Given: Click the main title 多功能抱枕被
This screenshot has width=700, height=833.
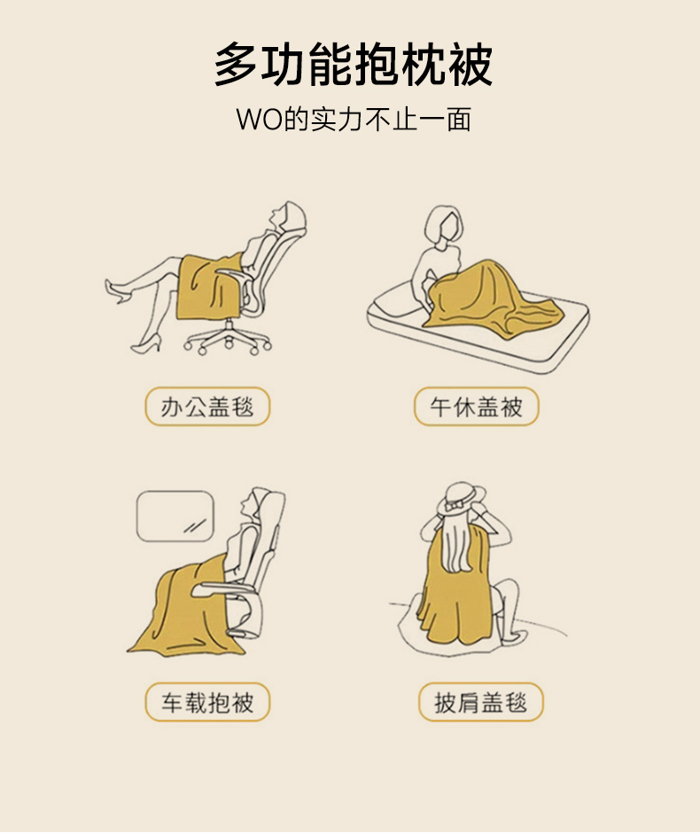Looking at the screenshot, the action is pos(354,65).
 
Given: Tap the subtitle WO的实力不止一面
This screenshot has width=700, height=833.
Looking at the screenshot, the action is pos(354,119).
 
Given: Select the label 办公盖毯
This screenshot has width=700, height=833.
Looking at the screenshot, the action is pos(207,407).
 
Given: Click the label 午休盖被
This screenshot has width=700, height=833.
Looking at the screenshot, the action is pos(477,407).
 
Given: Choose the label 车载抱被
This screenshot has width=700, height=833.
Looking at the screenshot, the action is pos(207,703).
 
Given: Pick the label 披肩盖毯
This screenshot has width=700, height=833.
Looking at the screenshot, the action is pos(480,703).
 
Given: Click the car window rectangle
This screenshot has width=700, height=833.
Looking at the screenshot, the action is pos(175,516).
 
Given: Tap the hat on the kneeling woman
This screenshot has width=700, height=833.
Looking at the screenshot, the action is pos(460,498).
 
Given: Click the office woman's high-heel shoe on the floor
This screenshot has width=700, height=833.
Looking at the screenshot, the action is pos(145,346).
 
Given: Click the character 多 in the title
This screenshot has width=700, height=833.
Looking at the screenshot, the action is pos(237,65).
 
